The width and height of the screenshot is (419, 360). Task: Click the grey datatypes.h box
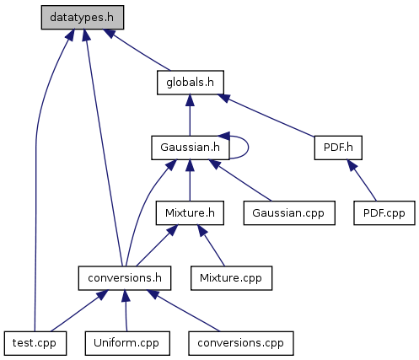click(83, 17)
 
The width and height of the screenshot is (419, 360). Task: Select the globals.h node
click(191, 83)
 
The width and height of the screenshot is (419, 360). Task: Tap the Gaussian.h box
click(191, 148)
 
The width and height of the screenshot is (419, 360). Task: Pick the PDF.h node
click(338, 148)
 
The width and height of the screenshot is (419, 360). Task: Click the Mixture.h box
click(190, 212)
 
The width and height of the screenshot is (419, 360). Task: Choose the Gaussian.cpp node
click(289, 212)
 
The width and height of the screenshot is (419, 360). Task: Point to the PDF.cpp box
click(384, 212)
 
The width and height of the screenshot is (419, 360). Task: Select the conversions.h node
click(125, 278)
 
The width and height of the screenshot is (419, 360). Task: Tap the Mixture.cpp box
click(231, 278)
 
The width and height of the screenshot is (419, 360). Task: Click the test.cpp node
click(35, 343)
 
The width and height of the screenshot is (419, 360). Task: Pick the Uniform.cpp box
click(127, 343)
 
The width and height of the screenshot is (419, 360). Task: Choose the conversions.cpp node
click(241, 343)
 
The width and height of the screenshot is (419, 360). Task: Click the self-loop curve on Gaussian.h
click(249, 148)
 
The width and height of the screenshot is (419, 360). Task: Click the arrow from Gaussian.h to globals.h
click(190, 116)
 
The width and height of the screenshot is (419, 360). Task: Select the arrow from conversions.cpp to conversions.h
click(184, 310)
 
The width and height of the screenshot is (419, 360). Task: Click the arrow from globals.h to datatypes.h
click(137, 50)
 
